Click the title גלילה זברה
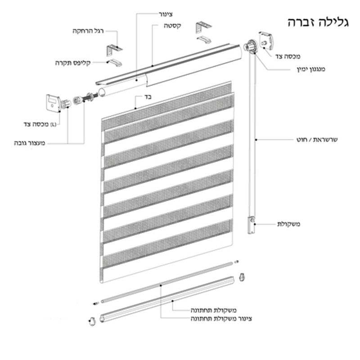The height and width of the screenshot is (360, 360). click(x=318, y=22)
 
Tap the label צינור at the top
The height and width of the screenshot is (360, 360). click(x=166, y=14)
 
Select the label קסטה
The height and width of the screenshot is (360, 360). click(x=172, y=26)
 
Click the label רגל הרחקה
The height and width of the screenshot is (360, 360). click(x=88, y=31)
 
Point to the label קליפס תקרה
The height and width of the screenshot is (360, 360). click(x=73, y=63)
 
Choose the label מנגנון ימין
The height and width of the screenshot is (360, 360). click(x=311, y=69)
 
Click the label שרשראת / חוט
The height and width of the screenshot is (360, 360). click(x=317, y=139)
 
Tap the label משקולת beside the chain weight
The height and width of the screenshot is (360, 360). click(x=288, y=224)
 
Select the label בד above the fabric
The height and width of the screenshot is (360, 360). click(x=148, y=97)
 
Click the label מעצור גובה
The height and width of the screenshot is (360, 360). click(x=30, y=143)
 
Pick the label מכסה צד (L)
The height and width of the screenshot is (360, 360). click(x=40, y=124)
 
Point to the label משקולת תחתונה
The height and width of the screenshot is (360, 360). click(x=213, y=310)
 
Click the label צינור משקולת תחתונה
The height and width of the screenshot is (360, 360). click(x=221, y=319)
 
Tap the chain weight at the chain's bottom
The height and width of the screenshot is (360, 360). click(x=252, y=225)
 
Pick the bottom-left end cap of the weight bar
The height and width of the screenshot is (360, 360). click(x=92, y=321)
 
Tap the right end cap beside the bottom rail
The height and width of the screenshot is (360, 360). click(x=242, y=277)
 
